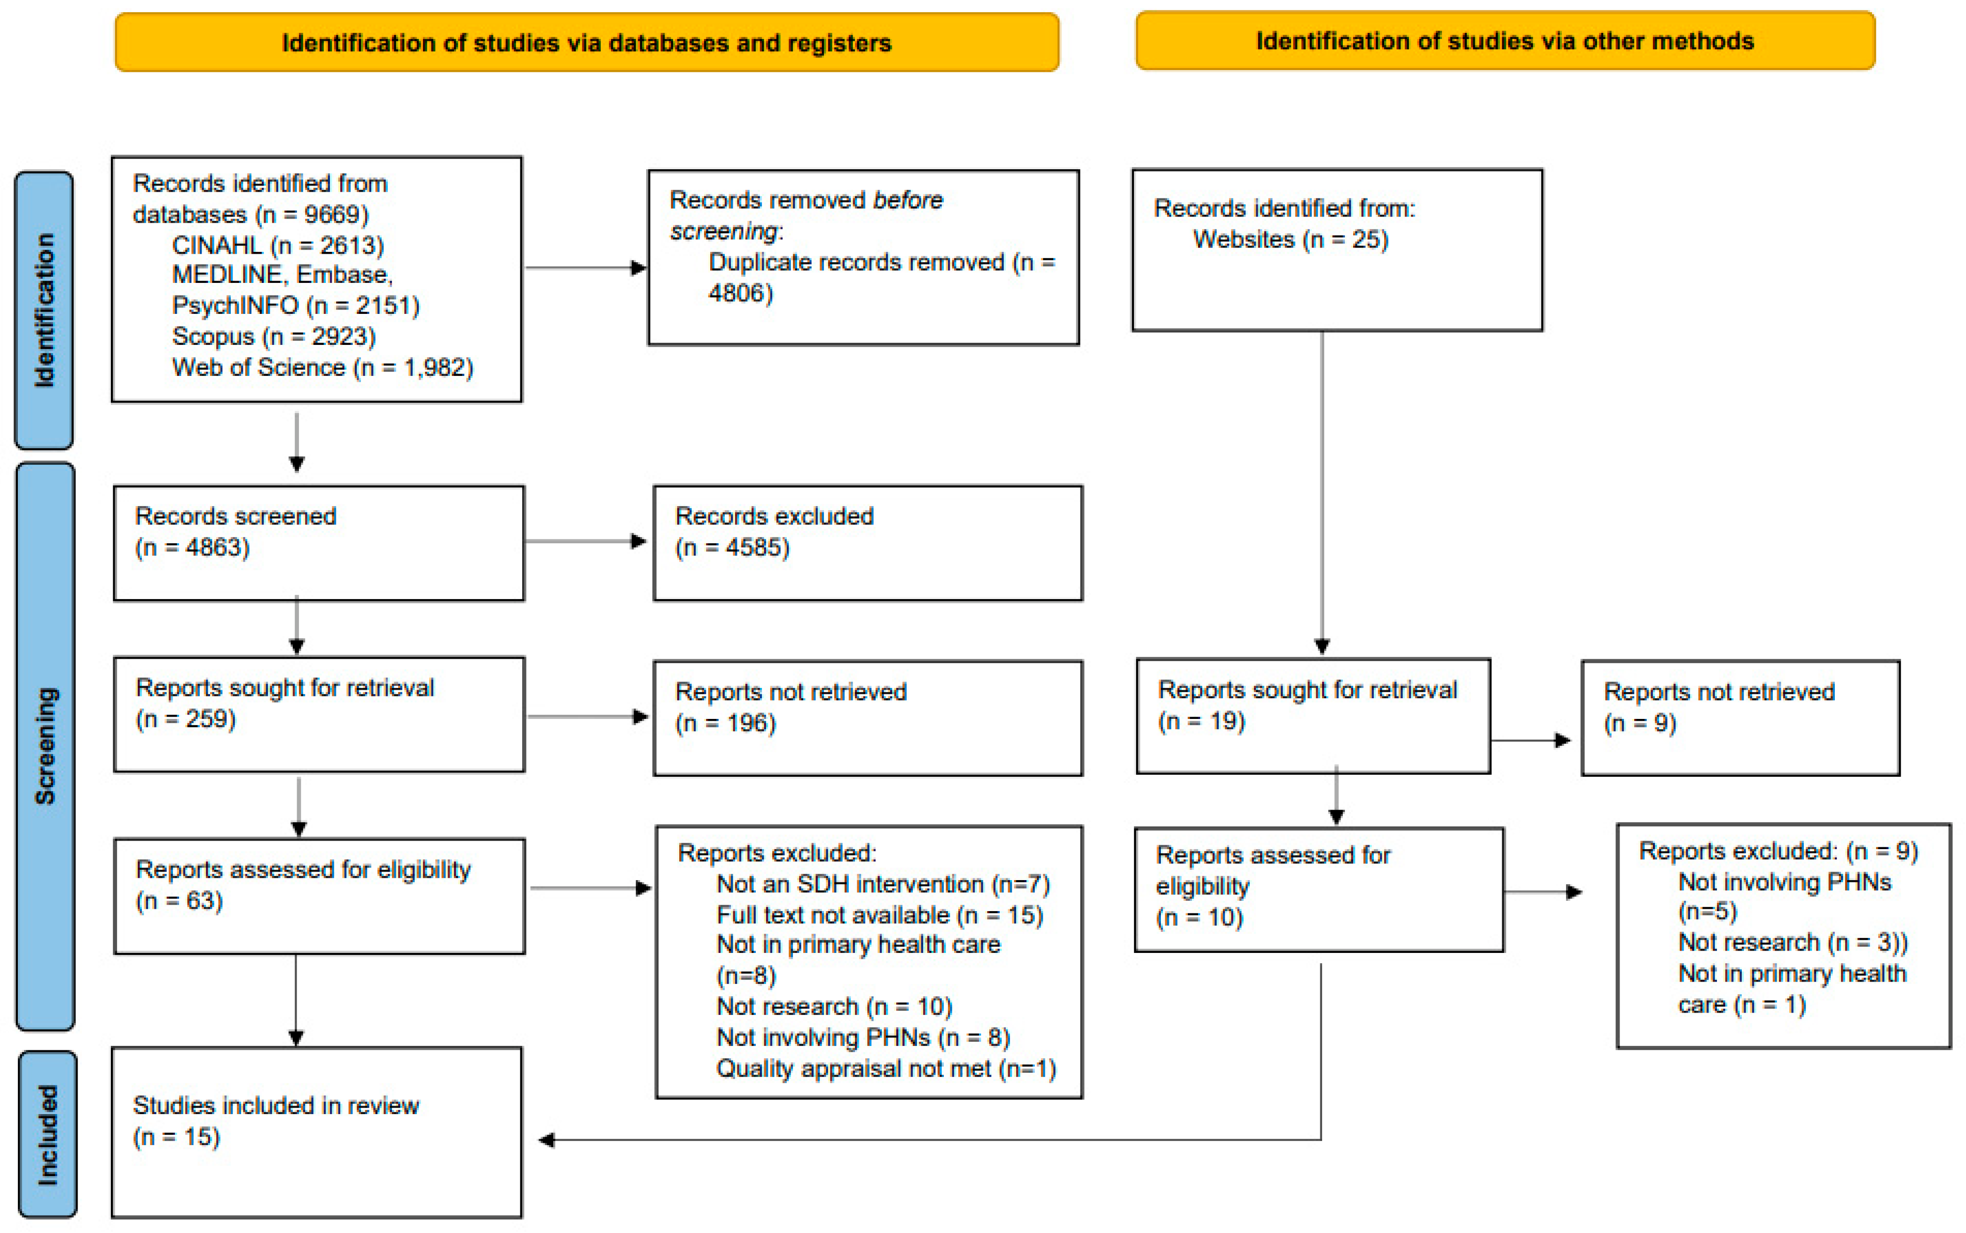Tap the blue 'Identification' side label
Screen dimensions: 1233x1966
(44, 310)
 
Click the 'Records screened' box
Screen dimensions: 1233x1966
(318, 543)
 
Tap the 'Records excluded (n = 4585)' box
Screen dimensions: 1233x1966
(868, 543)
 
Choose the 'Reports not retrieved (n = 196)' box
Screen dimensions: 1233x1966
(868, 718)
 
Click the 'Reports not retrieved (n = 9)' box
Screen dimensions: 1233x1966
(1740, 718)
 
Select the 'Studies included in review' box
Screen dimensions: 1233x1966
(316, 1132)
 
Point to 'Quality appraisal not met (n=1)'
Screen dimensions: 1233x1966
(885, 1068)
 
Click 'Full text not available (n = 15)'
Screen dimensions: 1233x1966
(879, 915)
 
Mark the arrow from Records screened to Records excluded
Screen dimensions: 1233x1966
(586, 541)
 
